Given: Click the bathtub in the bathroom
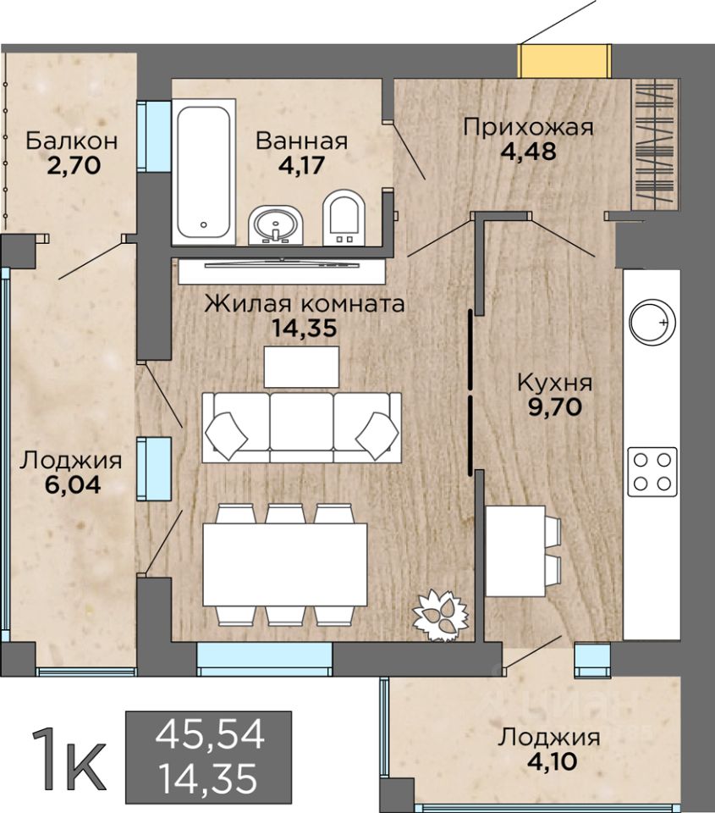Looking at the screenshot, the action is tap(203, 171).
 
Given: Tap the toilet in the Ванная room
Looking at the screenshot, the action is tap(344, 218).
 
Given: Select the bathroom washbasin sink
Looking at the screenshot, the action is tap(275, 225).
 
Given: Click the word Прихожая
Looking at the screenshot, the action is tap(528, 127).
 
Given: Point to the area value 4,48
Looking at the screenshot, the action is tap(528, 152).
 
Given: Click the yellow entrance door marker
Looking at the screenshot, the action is tap(564, 61).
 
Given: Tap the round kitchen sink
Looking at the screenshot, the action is tap(652, 322).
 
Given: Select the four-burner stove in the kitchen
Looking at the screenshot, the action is tap(652, 472).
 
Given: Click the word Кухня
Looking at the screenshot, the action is tap(555, 383).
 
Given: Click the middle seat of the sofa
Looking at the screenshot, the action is tap(301, 427).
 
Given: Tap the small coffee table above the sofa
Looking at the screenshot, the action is tap(301, 367).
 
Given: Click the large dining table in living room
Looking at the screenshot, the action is tap(285, 565).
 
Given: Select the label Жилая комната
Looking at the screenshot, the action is tap(305, 304).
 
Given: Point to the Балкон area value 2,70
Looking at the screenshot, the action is tap(73, 166).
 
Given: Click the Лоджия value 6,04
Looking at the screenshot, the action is tap(73, 484).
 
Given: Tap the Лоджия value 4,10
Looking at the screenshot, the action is tap(552, 761).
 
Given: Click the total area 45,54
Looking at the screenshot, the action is tap(210, 734).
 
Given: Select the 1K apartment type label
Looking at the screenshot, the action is tap(68, 761).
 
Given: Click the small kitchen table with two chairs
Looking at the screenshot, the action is tap(523, 551).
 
